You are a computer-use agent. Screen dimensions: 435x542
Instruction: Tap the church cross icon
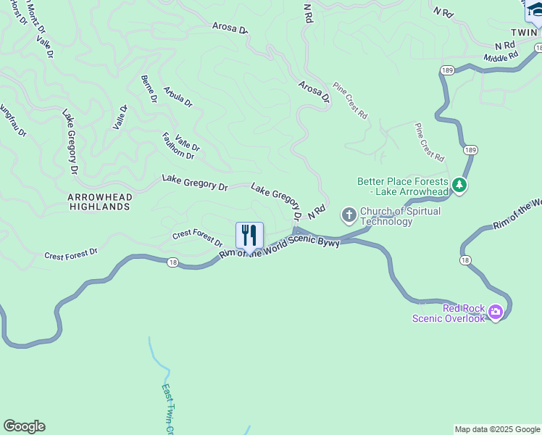point(349,214)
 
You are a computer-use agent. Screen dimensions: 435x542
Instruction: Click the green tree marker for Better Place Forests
point(459,186)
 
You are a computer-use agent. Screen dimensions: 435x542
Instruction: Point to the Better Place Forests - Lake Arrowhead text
point(403,186)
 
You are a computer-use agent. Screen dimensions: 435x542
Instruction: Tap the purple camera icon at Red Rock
point(496,312)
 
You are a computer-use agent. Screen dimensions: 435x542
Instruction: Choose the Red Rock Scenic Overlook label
point(449,313)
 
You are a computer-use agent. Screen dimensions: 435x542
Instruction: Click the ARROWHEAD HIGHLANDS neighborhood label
point(99,202)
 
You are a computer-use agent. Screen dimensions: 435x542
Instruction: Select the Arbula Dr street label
point(178,98)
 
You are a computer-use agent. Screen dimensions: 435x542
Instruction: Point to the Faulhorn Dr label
point(178,146)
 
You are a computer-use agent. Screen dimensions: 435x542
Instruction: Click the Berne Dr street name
point(149,89)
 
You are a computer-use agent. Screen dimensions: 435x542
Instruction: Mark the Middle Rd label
point(501,55)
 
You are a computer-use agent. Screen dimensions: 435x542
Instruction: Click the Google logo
point(24,426)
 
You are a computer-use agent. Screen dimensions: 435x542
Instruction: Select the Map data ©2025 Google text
point(497,429)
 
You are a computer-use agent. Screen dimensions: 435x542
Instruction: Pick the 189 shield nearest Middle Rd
point(446,70)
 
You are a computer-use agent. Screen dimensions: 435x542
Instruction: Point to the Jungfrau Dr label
point(12,119)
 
